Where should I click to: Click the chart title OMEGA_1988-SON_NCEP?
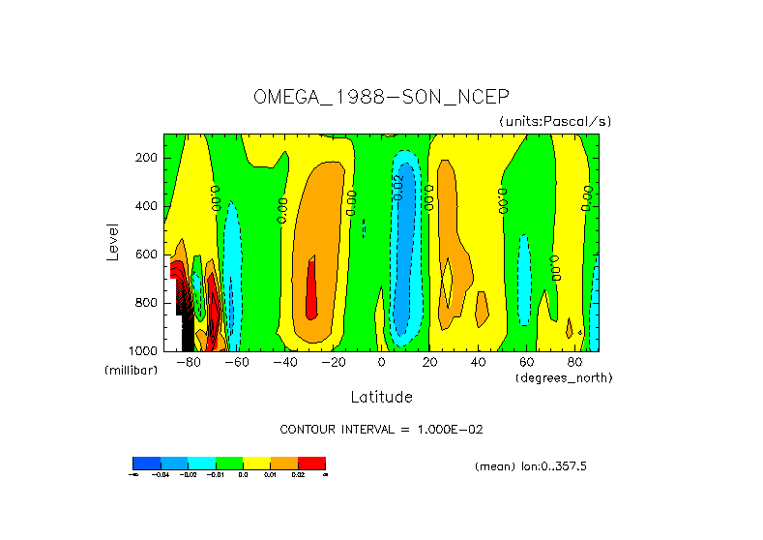pyautogui.click(x=381, y=97)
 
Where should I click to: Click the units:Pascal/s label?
pyautogui.click(x=555, y=121)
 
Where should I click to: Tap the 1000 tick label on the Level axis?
pyautogui.click(x=143, y=350)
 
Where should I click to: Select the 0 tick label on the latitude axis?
pyautogui.click(x=381, y=363)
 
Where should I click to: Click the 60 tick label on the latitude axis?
pyautogui.click(x=526, y=363)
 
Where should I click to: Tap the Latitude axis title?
pyautogui.click(x=381, y=397)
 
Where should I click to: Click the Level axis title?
pyautogui.click(x=114, y=241)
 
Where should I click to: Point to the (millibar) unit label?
pyautogui.click(x=131, y=371)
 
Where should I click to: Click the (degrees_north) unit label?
pyautogui.click(x=564, y=376)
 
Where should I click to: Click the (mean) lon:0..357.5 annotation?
pyautogui.click(x=531, y=466)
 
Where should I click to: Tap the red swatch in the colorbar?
pyautogui.click(x=311, y=463)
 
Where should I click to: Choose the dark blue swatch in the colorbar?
pyautogui.click(x=146, y=463)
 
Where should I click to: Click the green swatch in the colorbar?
pyautogui.click(x=228, y=463)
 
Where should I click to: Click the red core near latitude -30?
pyautogui.click(x=311, y=290)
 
